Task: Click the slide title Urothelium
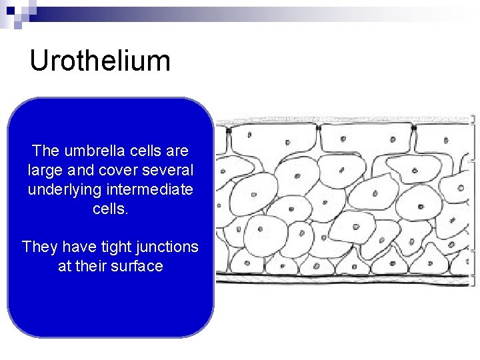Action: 100,61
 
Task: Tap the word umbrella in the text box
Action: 89,151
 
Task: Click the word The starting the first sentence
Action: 45,151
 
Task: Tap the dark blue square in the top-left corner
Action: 10,10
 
